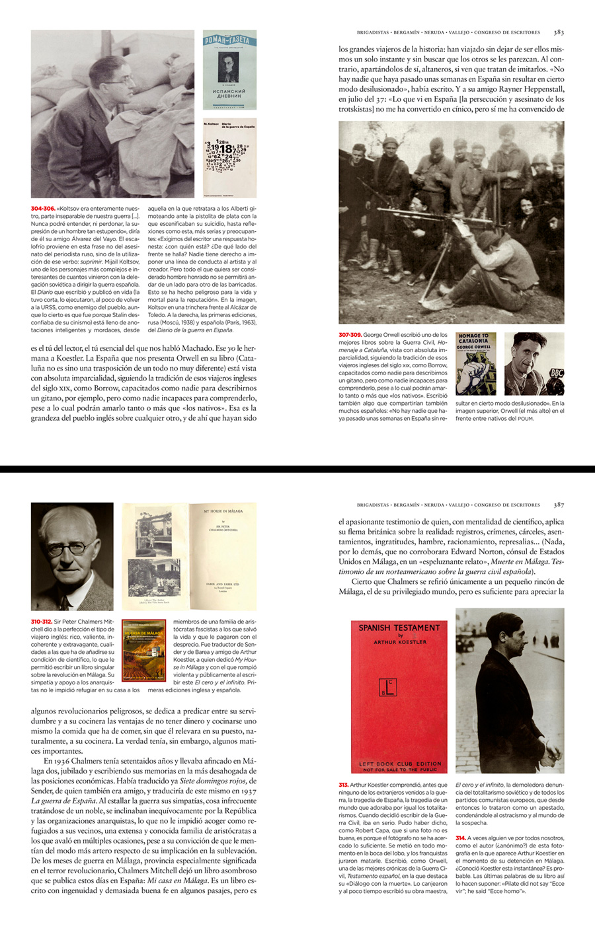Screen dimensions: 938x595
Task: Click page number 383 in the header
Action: (x=559, y=32)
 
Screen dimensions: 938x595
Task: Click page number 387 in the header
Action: (x=559, y=505)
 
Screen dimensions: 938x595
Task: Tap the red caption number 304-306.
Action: (x=42, y=209)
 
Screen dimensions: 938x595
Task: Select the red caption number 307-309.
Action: (x=350, y=335)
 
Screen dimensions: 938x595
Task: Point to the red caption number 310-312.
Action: (x=41, y=622)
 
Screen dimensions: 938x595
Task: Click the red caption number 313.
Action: (x=343, y=785)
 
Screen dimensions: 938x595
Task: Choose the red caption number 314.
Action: (x=460, y=838)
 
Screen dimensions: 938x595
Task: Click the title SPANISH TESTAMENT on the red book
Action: (x=399, y=628)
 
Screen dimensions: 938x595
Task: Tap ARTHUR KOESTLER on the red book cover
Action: (x=400, y=642)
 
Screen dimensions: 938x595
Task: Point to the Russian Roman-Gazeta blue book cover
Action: (x=229, y=69)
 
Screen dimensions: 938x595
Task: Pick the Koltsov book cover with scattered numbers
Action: (x=229, y=159)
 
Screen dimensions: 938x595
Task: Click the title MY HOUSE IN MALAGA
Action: (x=223, y=511)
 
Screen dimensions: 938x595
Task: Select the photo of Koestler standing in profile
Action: (x=510, y=690)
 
